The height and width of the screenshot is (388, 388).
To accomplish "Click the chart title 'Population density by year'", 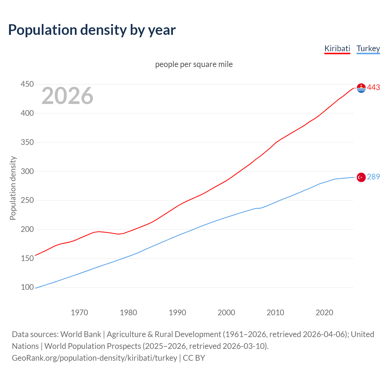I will tap(92, 30).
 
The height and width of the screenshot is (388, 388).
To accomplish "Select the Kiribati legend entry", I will tap(337, 48).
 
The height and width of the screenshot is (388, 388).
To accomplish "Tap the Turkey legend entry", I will tap(368, 48).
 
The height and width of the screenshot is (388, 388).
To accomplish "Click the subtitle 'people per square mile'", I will tap(194, 64).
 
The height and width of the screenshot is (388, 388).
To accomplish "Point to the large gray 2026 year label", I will tap(67, 96).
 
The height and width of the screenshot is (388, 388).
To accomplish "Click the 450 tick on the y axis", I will tap(27, 84).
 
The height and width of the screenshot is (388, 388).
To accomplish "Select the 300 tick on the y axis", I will tap(27, 171).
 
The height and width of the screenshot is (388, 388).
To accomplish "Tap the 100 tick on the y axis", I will tap(27, 287).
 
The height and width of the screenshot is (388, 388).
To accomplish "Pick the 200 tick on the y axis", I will tap(27, 229).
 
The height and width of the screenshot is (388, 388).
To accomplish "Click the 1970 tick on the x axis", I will tap(79, 313).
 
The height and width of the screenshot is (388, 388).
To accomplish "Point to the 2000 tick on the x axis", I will tap(226, 313).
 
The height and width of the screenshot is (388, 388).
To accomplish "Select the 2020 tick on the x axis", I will tap(324, 313).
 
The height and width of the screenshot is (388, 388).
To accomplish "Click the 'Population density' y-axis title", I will tap(13, 188).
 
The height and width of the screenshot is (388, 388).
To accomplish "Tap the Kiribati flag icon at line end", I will tap(361, 88).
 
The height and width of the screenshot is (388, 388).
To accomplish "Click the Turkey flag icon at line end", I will tap(361, 177).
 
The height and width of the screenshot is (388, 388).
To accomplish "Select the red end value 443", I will tap(373, 88).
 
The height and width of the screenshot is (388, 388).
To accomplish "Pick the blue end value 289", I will tap(373, 177).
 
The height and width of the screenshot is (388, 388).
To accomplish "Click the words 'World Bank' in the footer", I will tap(81, 334).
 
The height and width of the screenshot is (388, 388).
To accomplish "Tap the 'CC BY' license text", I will tap(194, 358).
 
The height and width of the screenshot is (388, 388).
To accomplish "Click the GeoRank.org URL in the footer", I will tap(94, 358).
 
